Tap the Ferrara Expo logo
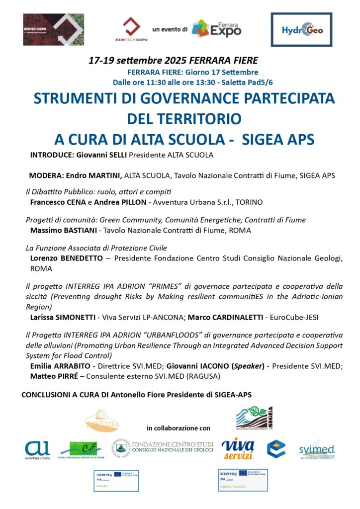click(x=216, y=29)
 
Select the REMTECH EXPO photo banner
click(x=54, y=30)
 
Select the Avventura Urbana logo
click(x=37, y=449)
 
